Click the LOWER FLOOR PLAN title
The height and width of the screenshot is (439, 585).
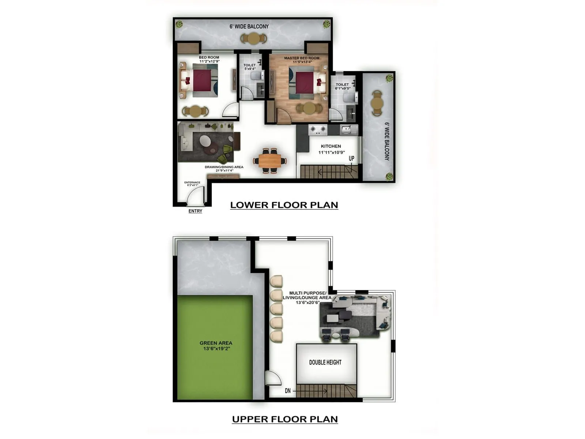[284, 205]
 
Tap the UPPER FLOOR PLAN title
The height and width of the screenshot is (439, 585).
[285, 419]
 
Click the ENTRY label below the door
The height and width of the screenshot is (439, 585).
[195, 211]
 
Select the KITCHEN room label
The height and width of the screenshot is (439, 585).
[331, 146]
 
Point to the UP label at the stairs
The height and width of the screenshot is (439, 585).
[351, 158]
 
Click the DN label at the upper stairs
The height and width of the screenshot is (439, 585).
[288, 391]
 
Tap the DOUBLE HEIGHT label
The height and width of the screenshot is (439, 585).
[325, 362]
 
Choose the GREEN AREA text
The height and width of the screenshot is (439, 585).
[216, 343]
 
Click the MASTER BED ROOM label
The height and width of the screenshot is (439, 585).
[302, 58]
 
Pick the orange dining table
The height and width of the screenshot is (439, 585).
[270, 160]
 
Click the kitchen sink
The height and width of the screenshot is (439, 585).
[349, 130]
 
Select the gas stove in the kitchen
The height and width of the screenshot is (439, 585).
[318, 129]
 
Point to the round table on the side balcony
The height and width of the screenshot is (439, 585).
[377, 103]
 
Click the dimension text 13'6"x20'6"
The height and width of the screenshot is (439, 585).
[307, 303]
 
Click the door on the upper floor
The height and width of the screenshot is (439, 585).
[272, 378]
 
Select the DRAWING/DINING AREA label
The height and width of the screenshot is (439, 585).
[224, 167]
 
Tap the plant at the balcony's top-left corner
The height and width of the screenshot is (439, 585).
[179, 25]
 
